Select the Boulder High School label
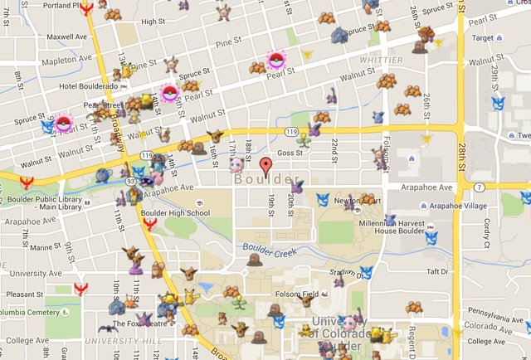point(175,213)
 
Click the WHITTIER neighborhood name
point(381,61)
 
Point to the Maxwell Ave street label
point(66,37)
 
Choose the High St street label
point(153,22)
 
